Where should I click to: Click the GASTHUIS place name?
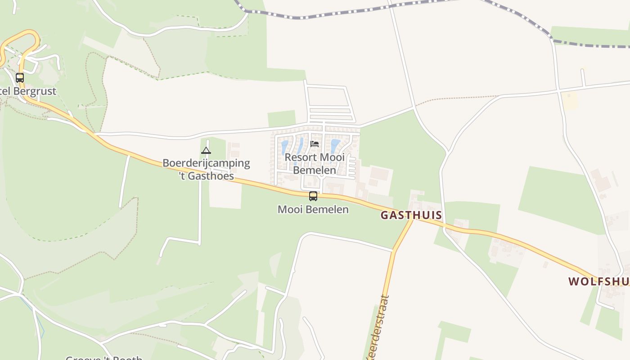tap(411, 215)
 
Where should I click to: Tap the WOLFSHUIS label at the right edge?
tap(598, 281)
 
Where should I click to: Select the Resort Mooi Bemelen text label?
tap(315, 163)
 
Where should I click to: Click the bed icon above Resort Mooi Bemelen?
tap(315, 144)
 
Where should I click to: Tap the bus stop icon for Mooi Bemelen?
tap(313, 196)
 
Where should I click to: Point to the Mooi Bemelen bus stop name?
tap(313, 209)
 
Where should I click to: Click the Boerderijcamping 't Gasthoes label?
tap(206, 169)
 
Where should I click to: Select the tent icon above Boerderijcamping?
tap(206, 150)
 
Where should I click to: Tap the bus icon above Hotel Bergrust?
tap(20, 77)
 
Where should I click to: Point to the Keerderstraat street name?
tap(377, 328)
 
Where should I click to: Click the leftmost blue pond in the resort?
tap(284, 147)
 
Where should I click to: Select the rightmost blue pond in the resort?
tap(335, 145)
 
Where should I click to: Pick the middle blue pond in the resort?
tap(300, 146)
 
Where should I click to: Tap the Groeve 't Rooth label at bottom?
tap(104, 358)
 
